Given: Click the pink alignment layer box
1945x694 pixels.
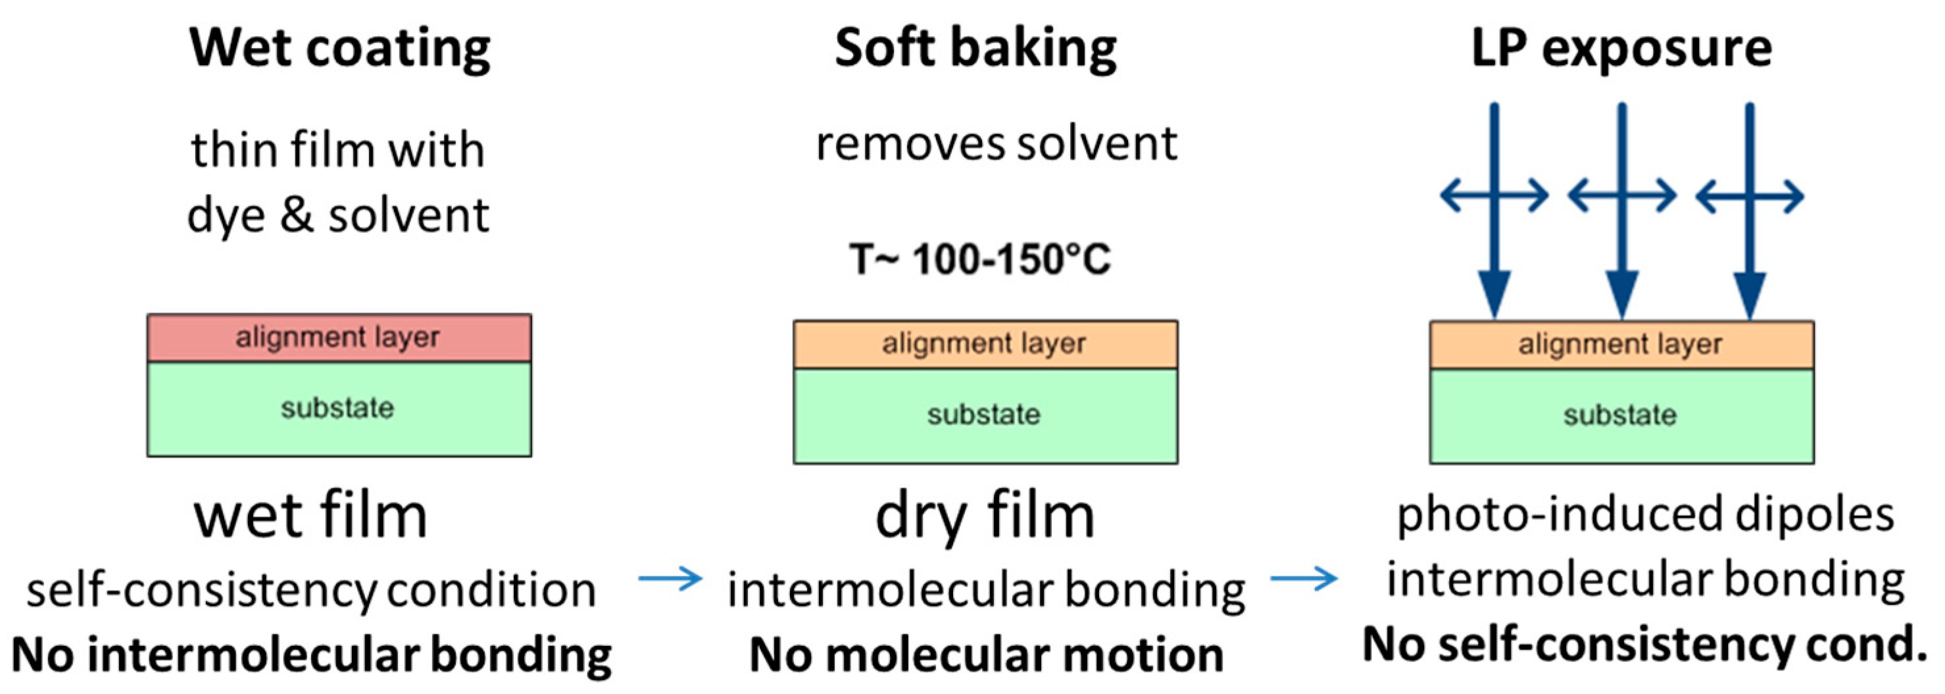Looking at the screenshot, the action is click(x=339, y=337).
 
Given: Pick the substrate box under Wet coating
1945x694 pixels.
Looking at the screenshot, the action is click(x=339, y=409).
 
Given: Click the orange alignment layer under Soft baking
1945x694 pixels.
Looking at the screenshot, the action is click(x=985, y=344).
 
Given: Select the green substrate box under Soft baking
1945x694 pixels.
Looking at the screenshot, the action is click(x=985, y=415).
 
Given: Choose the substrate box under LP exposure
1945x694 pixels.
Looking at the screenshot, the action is click(x=1621, y=415).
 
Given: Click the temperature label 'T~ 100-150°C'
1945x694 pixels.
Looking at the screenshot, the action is click(x=980, y=260).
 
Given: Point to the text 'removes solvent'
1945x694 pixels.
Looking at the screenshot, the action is click(x=997, y=143).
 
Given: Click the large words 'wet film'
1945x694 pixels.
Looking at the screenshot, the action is click(x=310, y=516).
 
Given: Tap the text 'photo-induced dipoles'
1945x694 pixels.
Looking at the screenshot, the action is click(x=1645, y=515).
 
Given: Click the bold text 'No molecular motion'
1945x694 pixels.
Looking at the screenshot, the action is click(x=986, y=654).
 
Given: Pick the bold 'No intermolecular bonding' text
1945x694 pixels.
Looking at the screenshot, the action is click(x=311, y=654).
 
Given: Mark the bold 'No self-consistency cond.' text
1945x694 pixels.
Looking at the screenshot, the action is click(x=1645, y=645).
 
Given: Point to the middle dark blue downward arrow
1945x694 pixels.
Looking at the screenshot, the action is click(x=1622, y=211).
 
